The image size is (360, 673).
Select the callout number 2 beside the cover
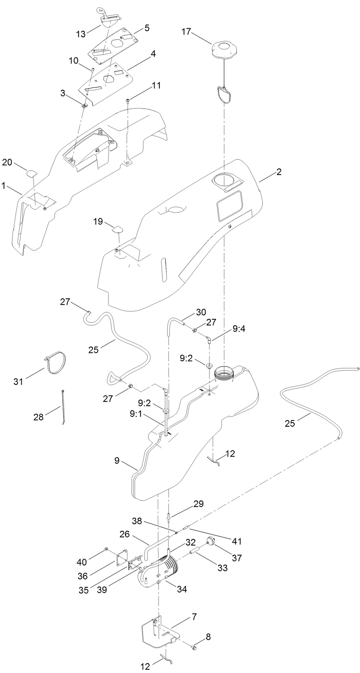point(278,172)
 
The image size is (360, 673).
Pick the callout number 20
point(7,162)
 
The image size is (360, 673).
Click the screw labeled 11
point(128,100)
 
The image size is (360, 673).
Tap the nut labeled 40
point(106,548)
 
